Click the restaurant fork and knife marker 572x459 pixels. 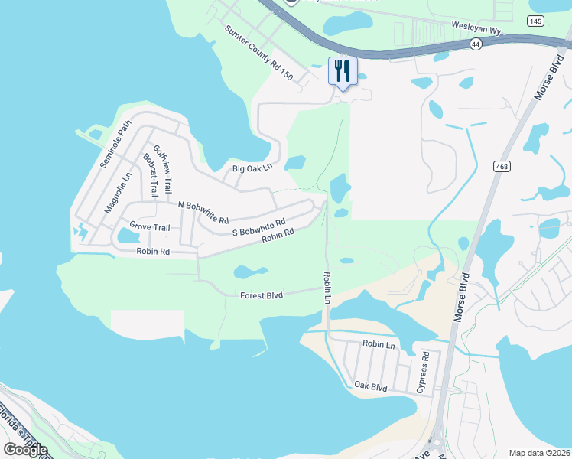pyautogui.click(x=343, y=71)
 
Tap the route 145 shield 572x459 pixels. pyautogui.click(x=536, y=21)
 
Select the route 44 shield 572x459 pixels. pyautogui.click(x=476, y=45)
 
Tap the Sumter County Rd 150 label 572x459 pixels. pyautogui.click(x=258, y=53)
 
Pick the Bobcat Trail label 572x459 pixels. pyautogui.click(x=150, y=176)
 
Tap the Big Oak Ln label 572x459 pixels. pyautogui.click(x=252, y=168)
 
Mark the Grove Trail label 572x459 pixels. pyautogui.click(x=149, y=226)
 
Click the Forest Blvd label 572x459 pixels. pyautogui.click(x=262, y=295)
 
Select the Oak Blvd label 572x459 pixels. pyautogui.click(x=371, y=388)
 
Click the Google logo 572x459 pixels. pyautogui.click(x=25, y=449)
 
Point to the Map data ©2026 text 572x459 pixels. pyautogui.click(x=539, y=453)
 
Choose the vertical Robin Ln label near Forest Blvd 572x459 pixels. pyautogui.click(x=327, y=288)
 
